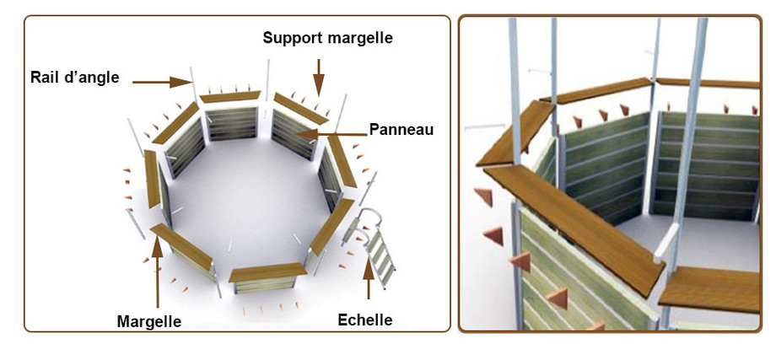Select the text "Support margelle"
pos(327,38)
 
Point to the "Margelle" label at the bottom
pos(149,321)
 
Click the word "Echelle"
pos(365,320)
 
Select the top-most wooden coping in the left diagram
pos(230,97)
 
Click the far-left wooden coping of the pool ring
pos(153,178)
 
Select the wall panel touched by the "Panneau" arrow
pos(291,131)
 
